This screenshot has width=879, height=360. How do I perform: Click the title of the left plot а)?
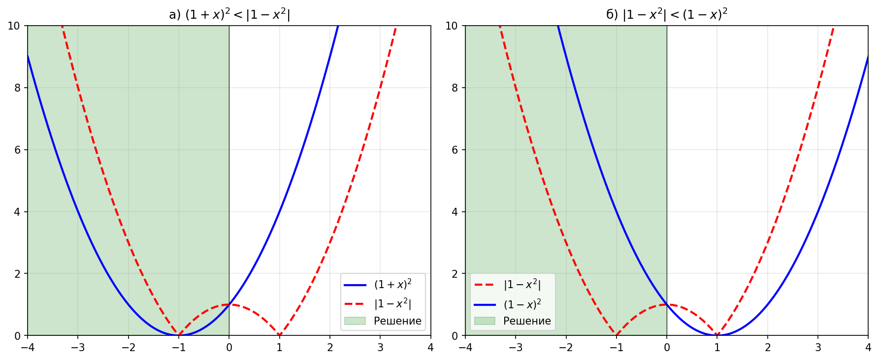pyautogui.click(x=229, y=15)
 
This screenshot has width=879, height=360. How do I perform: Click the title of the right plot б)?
pyautogui.click(x=666, y=15)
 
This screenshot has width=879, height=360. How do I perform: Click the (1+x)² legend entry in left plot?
pyautogui.click(x=392, y=285)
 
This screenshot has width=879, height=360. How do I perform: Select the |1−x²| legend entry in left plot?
pyautogui.click(x=392, y=303)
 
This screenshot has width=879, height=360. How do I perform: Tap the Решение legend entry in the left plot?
pyautogui.click(x=397, y=321)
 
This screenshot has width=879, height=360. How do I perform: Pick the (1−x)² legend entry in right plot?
pyautogui.click(x=522, y=304)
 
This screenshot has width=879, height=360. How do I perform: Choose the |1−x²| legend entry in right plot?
pyautogui.click(x=522, y=285)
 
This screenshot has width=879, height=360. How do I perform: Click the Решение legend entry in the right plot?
pyautogui.click(x=526, y=321)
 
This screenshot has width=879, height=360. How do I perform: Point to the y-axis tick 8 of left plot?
pyautogui.click(x=18, y=88)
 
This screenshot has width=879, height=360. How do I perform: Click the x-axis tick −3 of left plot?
pyautogui.click(x=78, y=348)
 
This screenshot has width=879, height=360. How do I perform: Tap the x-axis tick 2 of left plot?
pyautogui.click(x=330, y=348)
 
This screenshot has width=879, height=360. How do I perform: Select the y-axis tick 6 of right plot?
pyautogui.click(x=455, y=150)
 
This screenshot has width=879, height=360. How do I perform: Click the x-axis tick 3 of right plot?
pyautogui.click(x=818, y=348)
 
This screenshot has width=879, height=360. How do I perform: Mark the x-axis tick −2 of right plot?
pyautogui.click(x=566, y=348)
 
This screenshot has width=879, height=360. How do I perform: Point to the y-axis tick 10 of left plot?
pyautogui.click(x=14, y=26)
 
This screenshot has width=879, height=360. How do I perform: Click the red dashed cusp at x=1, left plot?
pyautogui.click(x=280, y=335)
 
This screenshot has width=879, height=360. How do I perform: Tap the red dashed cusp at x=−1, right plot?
pyautogui.click(x=617, y=335)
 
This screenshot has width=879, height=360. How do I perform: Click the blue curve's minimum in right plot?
pyautogui.click(x=717, y=335)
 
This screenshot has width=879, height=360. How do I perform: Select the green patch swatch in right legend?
pyautogui.click(x=485, y=321)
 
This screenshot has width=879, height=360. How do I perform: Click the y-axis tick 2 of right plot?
pyautogui.click(x=455, y=274)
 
